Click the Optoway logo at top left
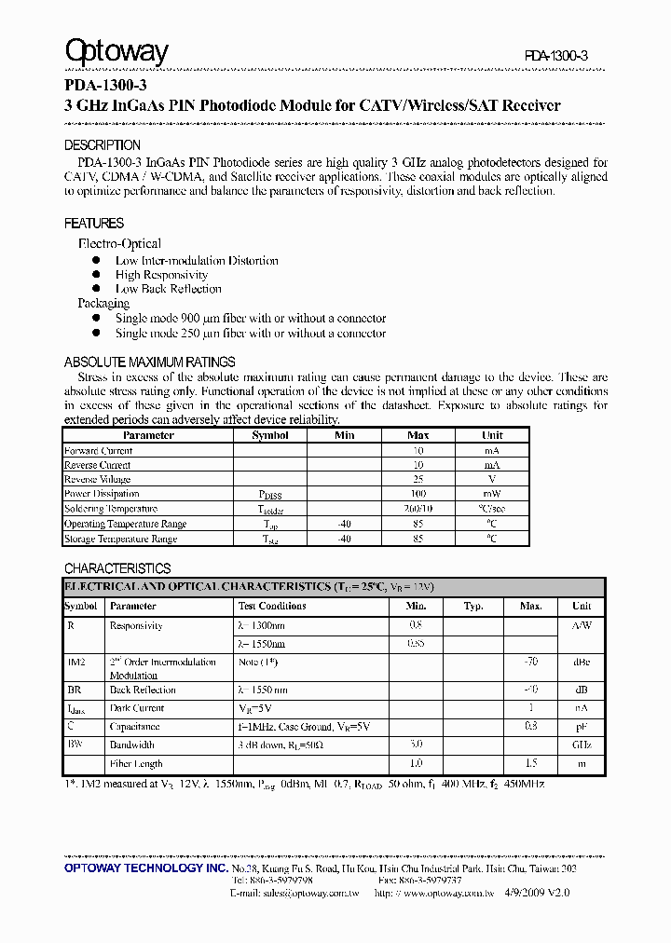pyautogui.click(x=116, y=51)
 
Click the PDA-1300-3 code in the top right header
pyautogui.click(x=555, y=57)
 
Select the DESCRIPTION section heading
pyautogui.click(x=103, y=145)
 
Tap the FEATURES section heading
pyautogui.click(x=94, y=224)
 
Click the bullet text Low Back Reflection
pyautogui.click(x=169, y=289)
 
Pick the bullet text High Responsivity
pyautogui.click(x=161, y=275)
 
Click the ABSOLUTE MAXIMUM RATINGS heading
pyautogui.click(x=149, y=362)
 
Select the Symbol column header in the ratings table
pyautogui.click(x=270, y=435)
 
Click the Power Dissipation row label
pyautogui.click(x=102, y=494)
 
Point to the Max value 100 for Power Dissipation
pyautogui.click(x=418, y=494)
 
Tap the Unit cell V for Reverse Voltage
pyautogui.click(x=492, y=479)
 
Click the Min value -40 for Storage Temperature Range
pyautogui.click(x=344, y=539)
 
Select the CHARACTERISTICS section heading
pyautogui.click(x=117, y=568)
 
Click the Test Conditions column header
pyautogui.click(x=271, y=606)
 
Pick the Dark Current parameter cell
pyautogui.click(x=137, y=708)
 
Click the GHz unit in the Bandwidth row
pyautogui.click(x=582, y=745)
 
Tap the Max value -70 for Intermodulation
pyautogui.click(x=530, y=663)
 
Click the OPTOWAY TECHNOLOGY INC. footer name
pyautogui.click(x=146, y=868)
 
